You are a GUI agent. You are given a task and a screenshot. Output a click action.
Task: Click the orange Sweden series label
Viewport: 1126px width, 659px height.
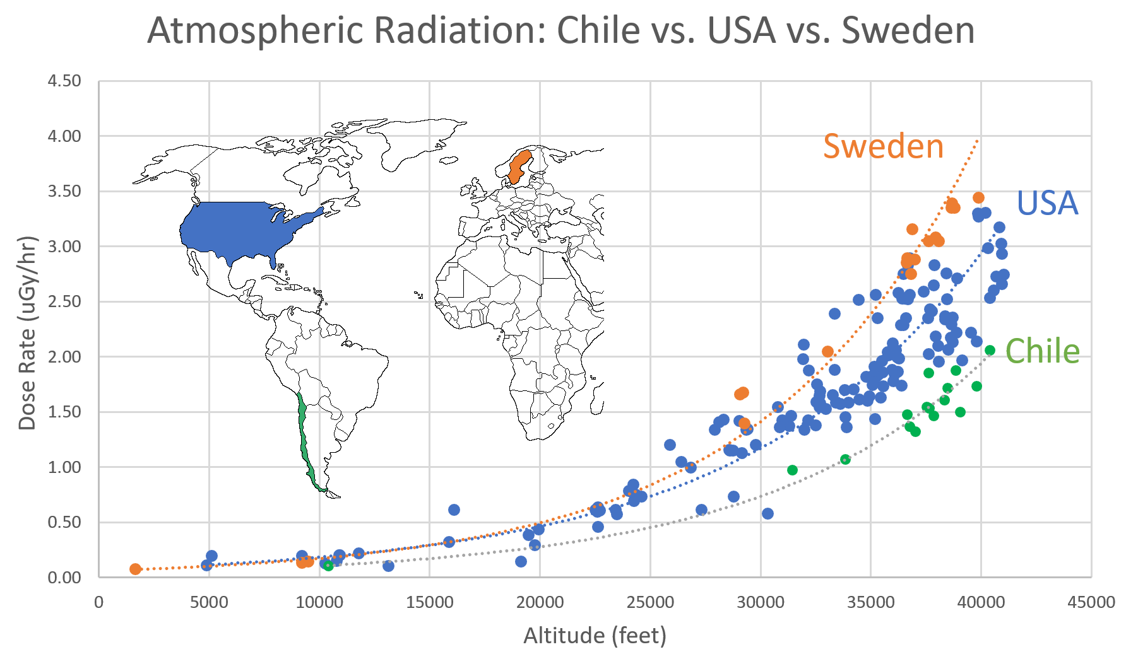pos(883,146)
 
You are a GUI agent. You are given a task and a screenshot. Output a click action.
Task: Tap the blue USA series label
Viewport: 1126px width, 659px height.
pos(1047,203)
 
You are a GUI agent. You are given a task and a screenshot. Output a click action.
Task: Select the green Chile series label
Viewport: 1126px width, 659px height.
pos(1042,351)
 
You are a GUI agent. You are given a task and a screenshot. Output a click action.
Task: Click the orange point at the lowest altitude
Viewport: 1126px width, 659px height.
pos(135,569)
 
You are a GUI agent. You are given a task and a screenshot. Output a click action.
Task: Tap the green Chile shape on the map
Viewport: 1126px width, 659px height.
pos(304,441)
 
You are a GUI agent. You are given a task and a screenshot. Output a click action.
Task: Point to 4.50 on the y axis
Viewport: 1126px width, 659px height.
pos(64,81)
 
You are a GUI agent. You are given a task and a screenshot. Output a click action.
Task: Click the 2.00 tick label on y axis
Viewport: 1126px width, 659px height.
pos(64,357)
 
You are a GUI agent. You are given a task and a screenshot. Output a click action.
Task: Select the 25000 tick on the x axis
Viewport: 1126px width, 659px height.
pos(650,602)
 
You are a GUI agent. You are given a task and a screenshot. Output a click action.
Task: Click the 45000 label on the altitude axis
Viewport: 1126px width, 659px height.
pos(1091,602)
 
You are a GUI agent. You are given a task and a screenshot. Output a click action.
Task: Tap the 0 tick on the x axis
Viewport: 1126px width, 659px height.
pos(99,602)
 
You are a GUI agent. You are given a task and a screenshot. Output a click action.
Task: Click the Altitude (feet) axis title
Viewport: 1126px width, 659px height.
pos(595,636)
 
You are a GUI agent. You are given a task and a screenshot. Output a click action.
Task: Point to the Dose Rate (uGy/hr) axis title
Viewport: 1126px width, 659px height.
pos(27,333)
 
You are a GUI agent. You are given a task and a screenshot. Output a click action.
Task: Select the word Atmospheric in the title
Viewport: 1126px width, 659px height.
pos(256,30)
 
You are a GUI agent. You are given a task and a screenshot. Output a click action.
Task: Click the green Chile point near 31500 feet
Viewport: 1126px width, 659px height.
pos(792,470)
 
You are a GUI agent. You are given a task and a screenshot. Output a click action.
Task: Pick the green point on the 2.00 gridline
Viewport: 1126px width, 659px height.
pos(990,350)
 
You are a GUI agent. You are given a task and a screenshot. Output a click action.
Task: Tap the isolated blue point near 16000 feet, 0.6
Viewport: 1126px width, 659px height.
pos(454,510)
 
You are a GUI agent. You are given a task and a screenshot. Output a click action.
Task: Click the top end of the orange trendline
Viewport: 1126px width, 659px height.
pos(978,140)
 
